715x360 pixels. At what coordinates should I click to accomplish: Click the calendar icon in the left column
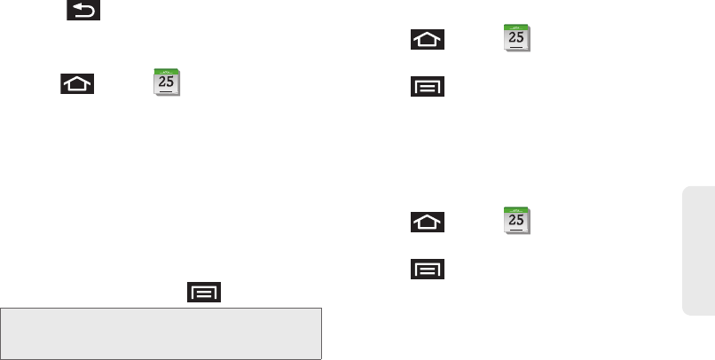point(166,82)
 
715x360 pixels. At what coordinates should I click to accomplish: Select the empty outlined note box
point(161,333)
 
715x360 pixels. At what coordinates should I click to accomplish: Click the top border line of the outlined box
point(161,309)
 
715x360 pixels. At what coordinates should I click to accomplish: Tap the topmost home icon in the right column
point(427,41)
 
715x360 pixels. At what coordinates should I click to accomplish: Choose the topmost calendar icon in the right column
point(516,41)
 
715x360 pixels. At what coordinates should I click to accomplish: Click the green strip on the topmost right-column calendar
point(516,30)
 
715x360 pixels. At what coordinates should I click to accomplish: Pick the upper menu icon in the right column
point(427,87)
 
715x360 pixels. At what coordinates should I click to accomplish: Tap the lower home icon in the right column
point(427,222)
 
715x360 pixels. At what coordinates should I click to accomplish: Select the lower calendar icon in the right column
point(516,222)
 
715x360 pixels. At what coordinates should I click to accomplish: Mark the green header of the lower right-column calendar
point(516,211)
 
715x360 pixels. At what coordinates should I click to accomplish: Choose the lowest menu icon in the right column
point(427,268)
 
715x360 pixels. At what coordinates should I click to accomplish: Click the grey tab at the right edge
point(699,249)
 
